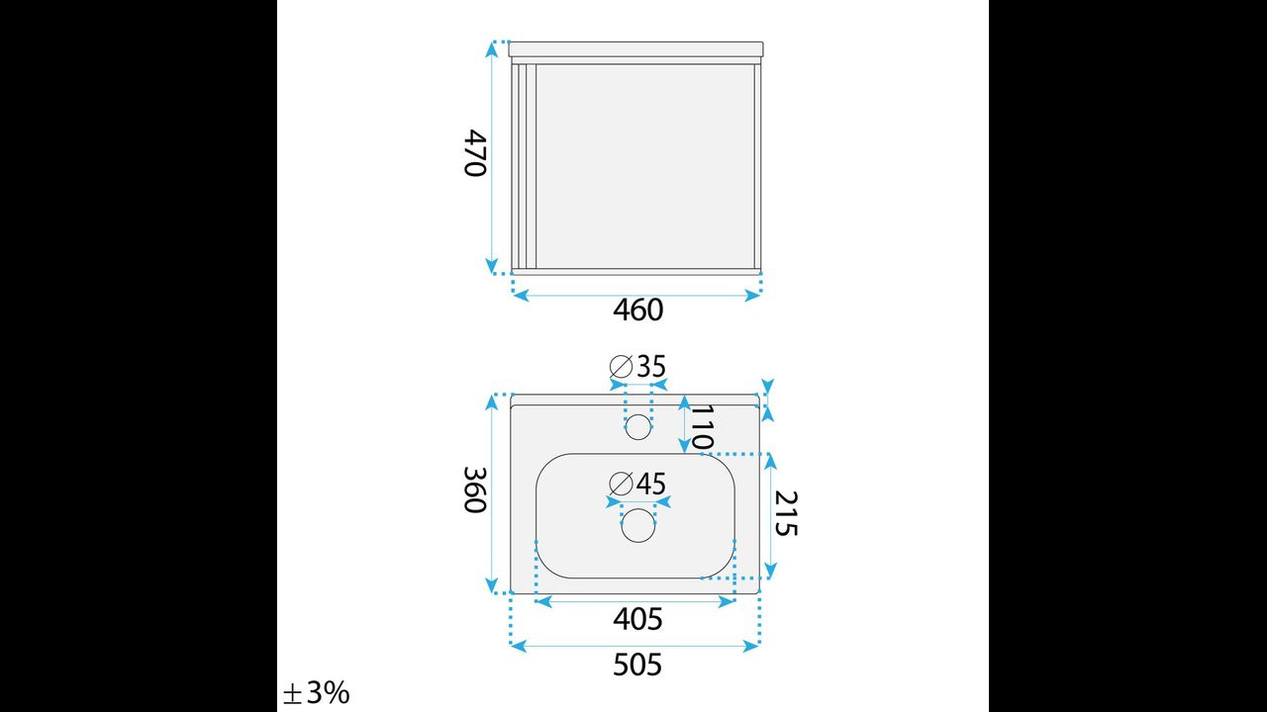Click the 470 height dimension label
click(475, 153)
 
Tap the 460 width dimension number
click(637, 311)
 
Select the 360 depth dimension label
click(475, 489)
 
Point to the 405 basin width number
click(637, 619)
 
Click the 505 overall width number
click(637, 666)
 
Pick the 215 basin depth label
click(786, 513)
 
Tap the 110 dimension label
click(702, 428)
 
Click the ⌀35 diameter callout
click(637, 366)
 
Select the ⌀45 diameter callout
click(637, 484)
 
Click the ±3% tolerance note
click(316, 693)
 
